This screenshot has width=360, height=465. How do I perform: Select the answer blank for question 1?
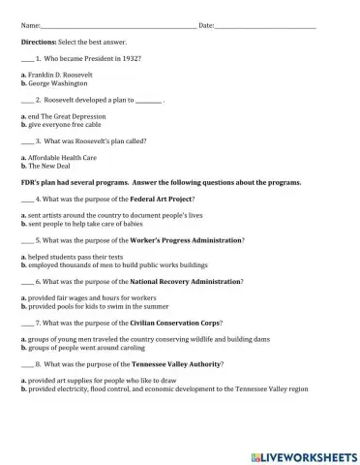[27, 60]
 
